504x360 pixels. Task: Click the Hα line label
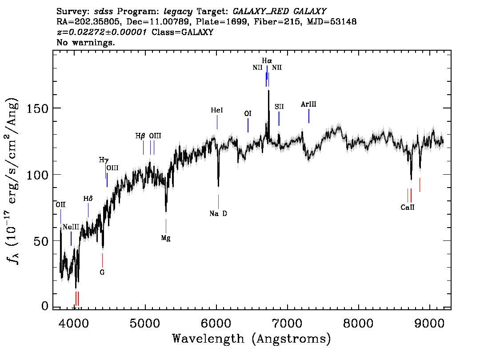(x=267, y=61)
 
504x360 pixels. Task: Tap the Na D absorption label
(x=218, y=214)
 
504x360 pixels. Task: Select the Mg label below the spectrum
(x=166, y=238)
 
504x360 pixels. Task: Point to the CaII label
(x=407, y=207)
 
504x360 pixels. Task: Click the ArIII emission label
(x=308, y=104)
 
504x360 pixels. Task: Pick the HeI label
(x=217, y=110)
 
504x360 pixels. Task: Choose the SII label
(x=279, y=107)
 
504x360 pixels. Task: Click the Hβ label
(x=140, y=136)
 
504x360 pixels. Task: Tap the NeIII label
(x=71, y=227)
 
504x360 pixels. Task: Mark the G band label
(x=102, y=272)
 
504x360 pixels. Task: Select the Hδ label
(x=88, y=199)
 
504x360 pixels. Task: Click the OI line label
(x=248, y=114)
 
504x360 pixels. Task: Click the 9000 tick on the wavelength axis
(x=429, y=322)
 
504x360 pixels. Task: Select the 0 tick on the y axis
(x=44, y=306)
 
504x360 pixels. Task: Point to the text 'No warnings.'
(x=86, y=43)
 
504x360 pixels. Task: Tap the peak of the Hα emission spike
(x=268, y=91)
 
